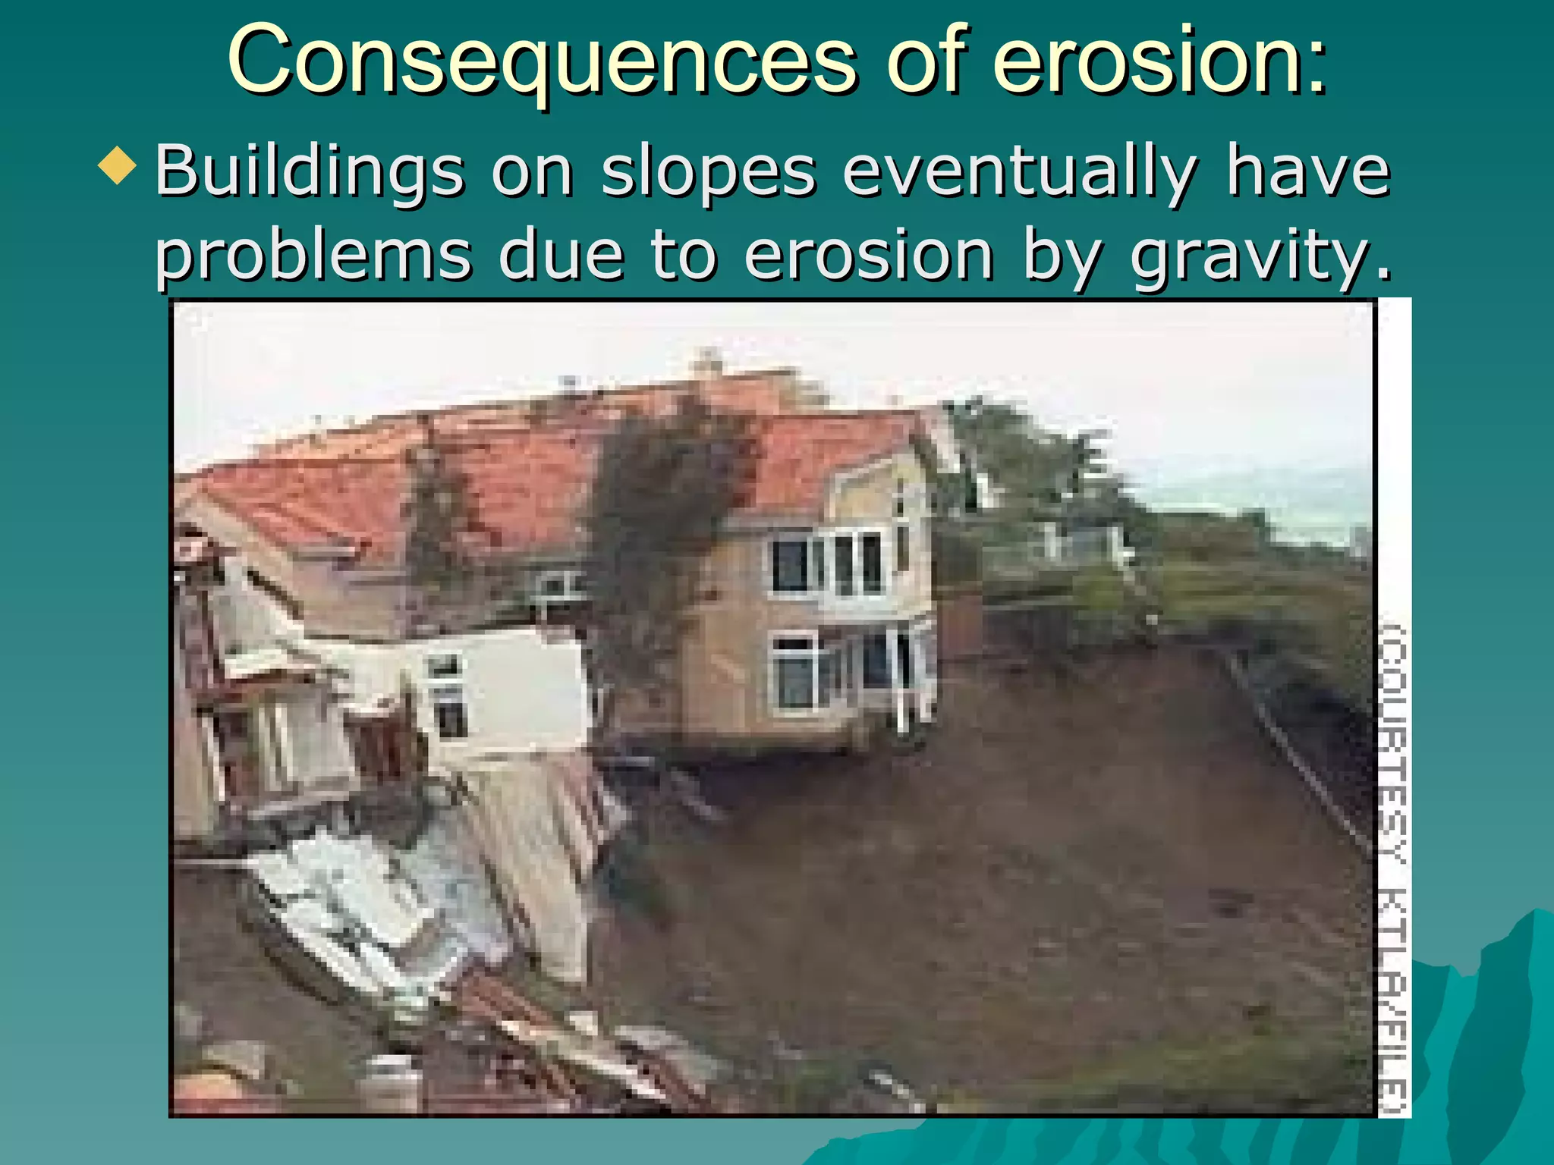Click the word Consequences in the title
point(542,61)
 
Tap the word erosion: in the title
point(1160,61)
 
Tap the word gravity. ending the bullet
point(1260,256)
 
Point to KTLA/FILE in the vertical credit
point(1393,1001)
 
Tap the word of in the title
point(929,61)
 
